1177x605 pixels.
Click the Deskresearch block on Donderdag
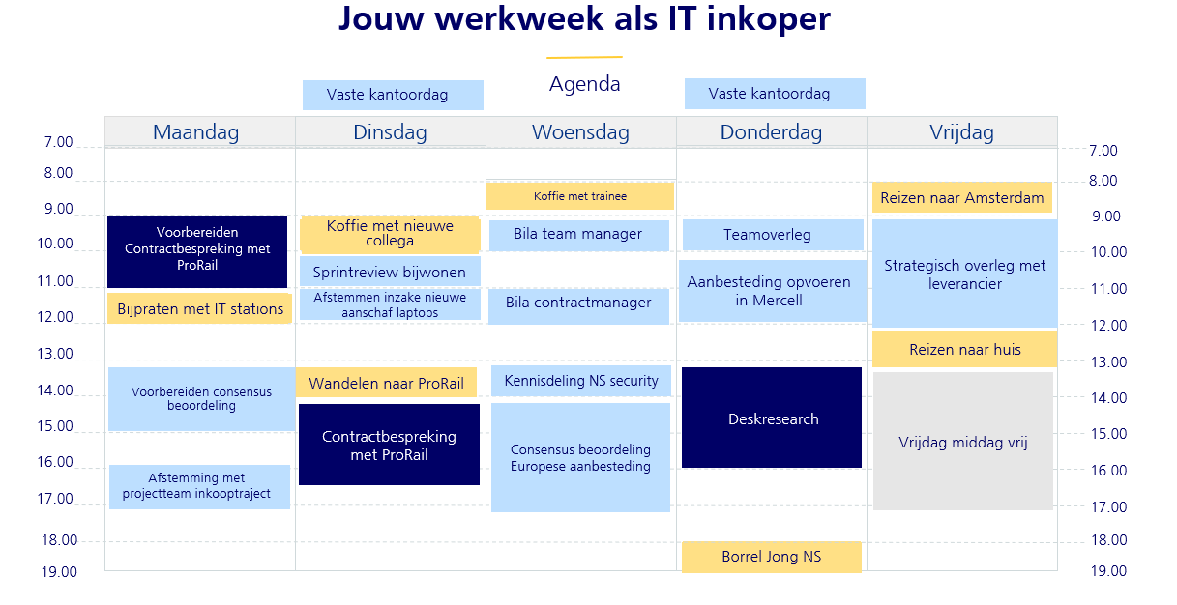(772, 418)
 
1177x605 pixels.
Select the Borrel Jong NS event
(772, 557)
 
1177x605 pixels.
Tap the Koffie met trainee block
(579, 196)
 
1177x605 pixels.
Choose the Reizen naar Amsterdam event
(962, 197)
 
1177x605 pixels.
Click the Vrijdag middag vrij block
(963, 441)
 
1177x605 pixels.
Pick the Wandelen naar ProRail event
(386, 383)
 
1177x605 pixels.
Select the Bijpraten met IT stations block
(199, 308)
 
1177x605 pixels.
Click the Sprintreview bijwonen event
(390, 272)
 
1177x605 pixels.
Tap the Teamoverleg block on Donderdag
(773, 235)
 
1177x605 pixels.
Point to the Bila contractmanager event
(578, 306)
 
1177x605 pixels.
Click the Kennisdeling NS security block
(581, 381)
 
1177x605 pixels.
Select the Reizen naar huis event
(965, 349)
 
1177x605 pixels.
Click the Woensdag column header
(580, 132)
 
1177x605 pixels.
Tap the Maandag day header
(196, 132)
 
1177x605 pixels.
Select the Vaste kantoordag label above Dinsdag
(393, 95)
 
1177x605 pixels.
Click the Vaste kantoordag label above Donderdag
(775, 94)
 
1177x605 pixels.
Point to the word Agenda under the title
(585, 84)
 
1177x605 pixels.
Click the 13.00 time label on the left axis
(55, 354)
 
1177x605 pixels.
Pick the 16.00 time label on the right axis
(1108, 471)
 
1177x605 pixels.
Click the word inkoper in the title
(769, 19)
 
